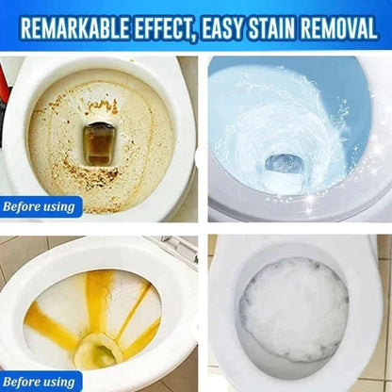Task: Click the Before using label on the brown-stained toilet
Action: [x=41, y=205]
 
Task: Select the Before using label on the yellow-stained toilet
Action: [x=41, y=380]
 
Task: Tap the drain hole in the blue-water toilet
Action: [x=284, y=161]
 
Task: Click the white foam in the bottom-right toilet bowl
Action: [x=294, y=310]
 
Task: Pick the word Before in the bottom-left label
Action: [x=24, y=380]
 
